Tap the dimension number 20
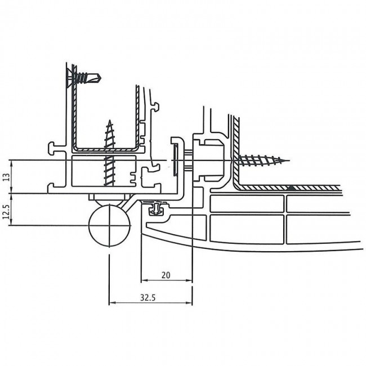[x=166, y=275]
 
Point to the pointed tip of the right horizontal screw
[x=288, y=161]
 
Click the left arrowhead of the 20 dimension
[x=142, y=280]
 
